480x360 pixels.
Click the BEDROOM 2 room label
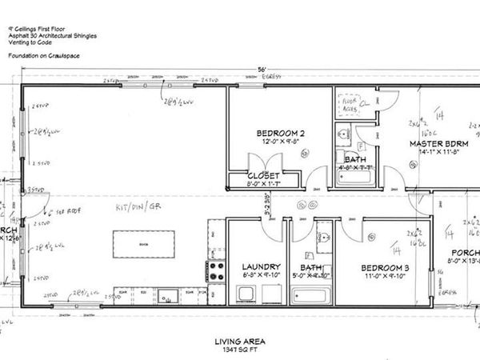coord(280,133)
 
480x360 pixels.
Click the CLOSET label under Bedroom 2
coord(263,175)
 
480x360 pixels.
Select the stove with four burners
coord(217,271)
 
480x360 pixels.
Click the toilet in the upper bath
coord(342,134)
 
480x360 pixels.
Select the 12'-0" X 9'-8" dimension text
coord(280,142)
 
